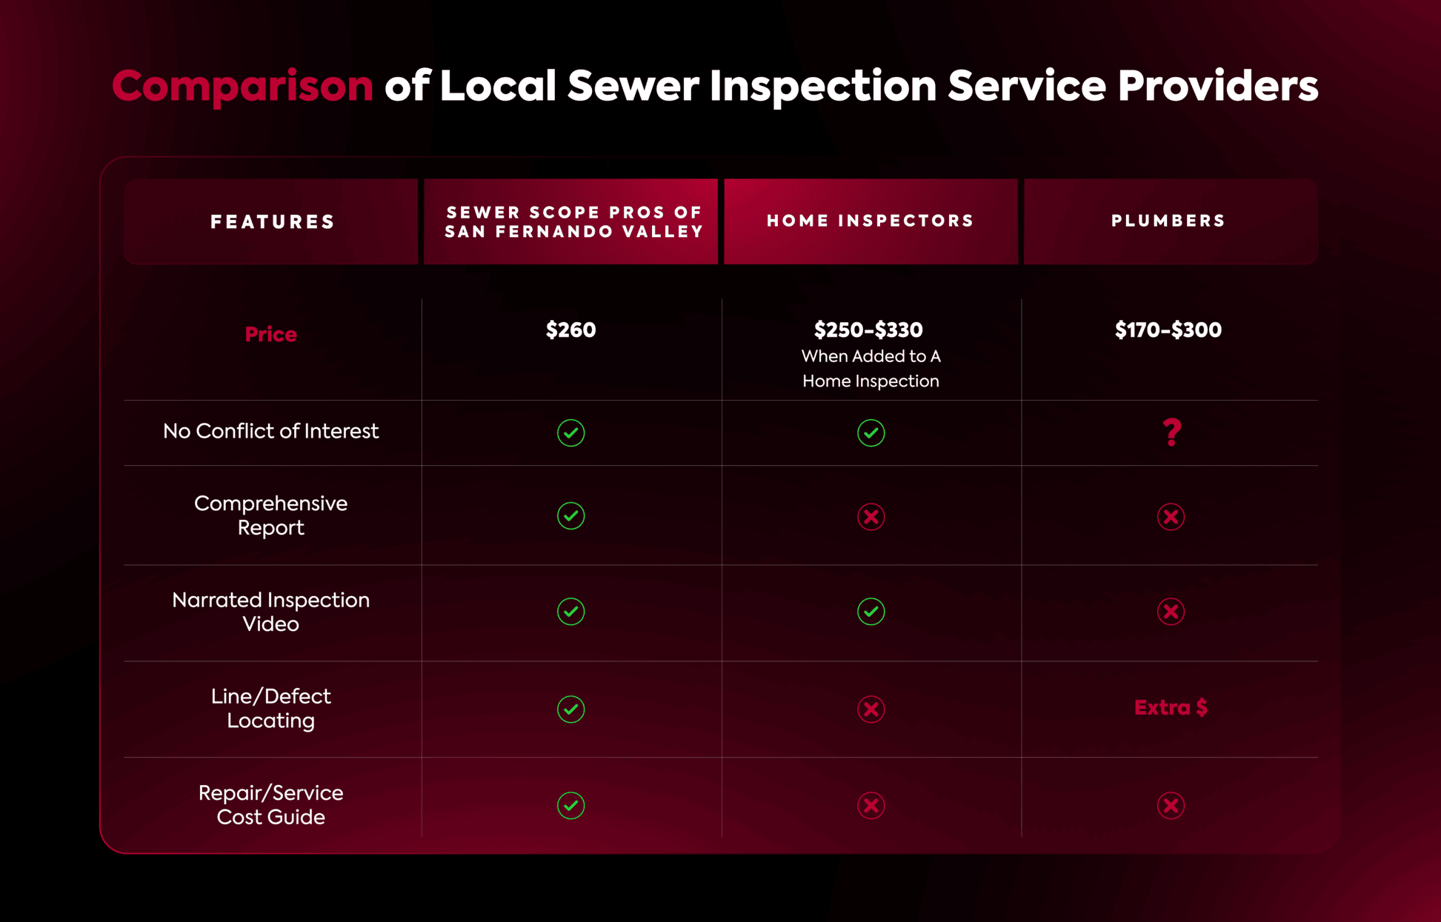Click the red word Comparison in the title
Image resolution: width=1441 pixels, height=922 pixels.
242,86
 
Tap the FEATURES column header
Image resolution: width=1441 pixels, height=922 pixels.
272,221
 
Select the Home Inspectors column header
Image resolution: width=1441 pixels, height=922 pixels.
871,221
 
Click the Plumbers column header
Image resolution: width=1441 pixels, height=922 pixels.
1168,221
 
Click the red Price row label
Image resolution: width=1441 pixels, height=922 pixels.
270,334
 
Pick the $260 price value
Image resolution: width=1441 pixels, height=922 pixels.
570,330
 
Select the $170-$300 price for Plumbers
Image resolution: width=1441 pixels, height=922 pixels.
1168,330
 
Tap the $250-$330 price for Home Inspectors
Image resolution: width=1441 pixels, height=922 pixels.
868,330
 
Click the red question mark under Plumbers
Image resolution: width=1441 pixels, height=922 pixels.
1171,432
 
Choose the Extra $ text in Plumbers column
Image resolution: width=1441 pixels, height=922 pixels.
1171,708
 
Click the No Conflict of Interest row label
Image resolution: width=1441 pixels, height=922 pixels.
270,431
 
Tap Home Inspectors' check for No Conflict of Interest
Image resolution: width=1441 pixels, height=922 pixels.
871,432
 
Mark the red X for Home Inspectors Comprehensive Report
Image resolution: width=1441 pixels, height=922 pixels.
871,516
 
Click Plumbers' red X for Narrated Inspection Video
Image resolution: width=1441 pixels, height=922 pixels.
1171,612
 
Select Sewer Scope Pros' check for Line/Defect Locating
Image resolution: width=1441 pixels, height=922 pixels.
570,709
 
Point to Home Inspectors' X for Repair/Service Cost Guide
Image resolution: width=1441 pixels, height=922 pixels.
871,805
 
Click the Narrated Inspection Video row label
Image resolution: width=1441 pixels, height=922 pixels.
270,612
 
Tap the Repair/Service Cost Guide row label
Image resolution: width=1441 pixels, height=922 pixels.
270,805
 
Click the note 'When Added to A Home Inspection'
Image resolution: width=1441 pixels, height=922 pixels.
871,369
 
